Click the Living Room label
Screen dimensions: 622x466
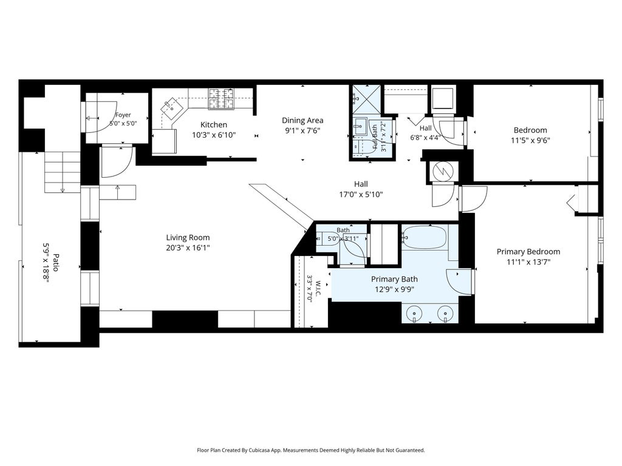pyautogui.click(x=188, y=237)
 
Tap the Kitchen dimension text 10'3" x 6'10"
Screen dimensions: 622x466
pyautogui.click(x=214, y=135)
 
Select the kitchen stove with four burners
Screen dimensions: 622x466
pyautogui.click(x=221, y=98)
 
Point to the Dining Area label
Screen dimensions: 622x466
pyautogui.click(x=302, y=120)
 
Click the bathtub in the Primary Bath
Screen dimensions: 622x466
pyautogui.click(x=424, y=237)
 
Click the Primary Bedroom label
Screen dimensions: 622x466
pyautogui.click(x=528, y=251)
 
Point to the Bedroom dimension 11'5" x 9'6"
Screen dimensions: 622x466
pyautogui.click(x=530, y=140)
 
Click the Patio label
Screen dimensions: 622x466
pyautogui.click(x=55, y=262)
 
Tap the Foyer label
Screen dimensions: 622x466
pyautogui.click(x=123, y=115)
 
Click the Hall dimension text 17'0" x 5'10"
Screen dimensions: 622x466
pyautogui.click(x=361, y=195)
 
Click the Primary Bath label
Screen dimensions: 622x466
pyautogui.click(x=394, y=279)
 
